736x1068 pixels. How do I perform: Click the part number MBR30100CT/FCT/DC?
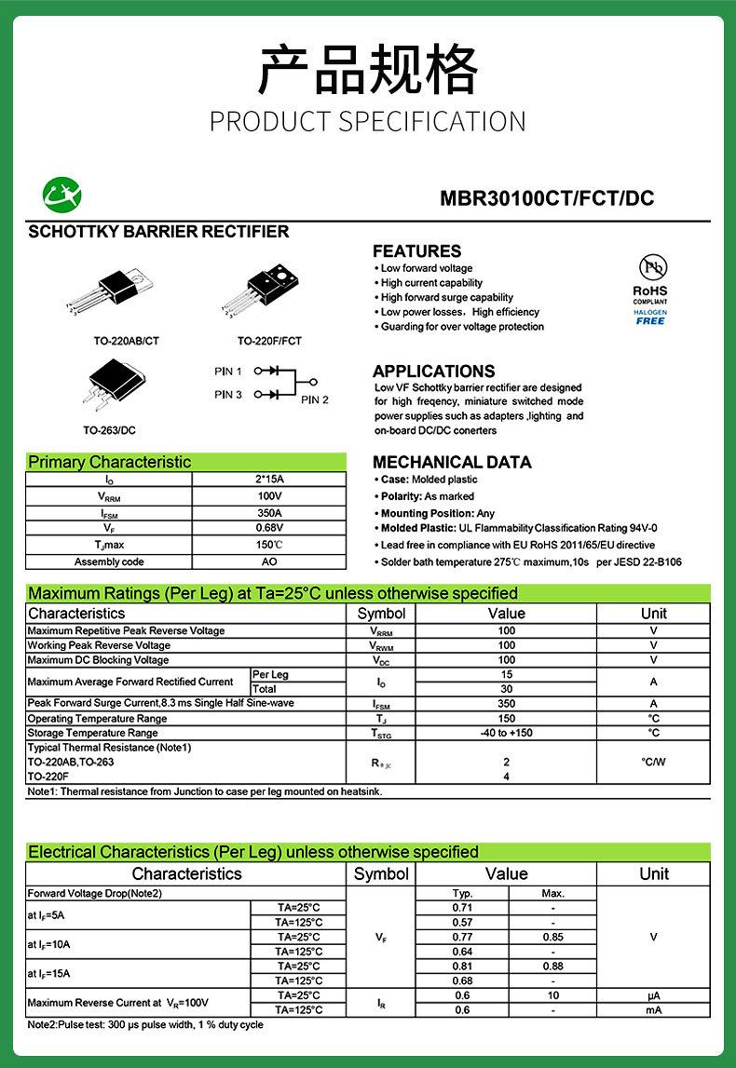coord(546,198)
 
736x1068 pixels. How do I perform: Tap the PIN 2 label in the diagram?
coord(315,400)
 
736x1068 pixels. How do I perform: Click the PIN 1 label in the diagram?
coord(228,372)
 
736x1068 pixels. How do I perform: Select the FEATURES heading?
coord(416,251)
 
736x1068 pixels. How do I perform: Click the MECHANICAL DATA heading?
coord(452,463)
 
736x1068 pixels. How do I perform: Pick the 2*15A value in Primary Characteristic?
coord(269,480)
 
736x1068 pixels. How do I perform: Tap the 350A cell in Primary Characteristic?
coord(269,513)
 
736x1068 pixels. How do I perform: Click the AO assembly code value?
coord(269,562)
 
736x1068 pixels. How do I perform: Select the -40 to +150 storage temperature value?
coord(506,733)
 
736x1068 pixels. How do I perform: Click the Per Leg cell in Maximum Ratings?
coord(271,674)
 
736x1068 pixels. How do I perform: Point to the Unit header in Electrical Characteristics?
coord(653,874)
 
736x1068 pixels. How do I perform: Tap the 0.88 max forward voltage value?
coord(553,967)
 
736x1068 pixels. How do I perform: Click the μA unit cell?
coord(653,995)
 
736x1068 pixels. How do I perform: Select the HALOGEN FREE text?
coord(650,317)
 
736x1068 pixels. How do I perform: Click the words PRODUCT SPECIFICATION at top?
coord(367,122)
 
